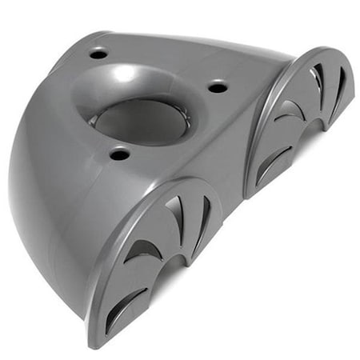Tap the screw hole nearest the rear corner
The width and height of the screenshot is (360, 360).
click(x=98, y=54)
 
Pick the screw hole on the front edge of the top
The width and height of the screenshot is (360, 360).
click(x=118, y=154)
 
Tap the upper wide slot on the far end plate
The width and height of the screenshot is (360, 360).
click(x=318, y=80)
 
